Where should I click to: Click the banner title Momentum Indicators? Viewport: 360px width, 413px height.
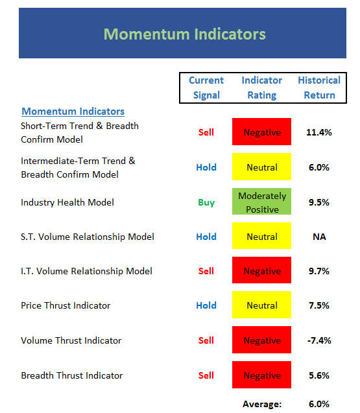click(x=184, y=34)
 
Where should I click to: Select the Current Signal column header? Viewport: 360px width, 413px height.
click(x=206, y=88)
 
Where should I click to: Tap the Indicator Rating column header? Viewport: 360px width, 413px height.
click(x=262, y=88)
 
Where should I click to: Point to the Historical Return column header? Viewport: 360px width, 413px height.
click(x=319, y=88)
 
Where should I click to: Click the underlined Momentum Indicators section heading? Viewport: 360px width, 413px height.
click(x=73, y=112)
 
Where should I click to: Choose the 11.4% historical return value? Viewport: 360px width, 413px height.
click(x=319, y=132)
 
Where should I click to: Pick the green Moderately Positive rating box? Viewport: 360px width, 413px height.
click(x=261, y=201)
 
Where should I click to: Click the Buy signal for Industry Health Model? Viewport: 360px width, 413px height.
click(x=206, y=202)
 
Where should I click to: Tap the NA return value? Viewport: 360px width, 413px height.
click(x=319, y=237)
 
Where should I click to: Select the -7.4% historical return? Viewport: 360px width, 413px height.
click(x=319, y=340)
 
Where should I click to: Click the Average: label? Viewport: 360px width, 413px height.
click(x=262, y=404)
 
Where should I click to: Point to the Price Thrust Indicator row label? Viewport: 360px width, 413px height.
click(x=66, y=305)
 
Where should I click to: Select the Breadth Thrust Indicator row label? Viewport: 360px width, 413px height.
click(x=72, y=375)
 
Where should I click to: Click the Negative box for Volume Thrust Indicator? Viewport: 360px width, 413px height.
click(x=261, y=340)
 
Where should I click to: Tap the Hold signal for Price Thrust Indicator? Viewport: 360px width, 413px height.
click(x=206, y=305)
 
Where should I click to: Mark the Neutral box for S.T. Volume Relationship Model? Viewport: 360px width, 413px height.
click(x=261, y=236)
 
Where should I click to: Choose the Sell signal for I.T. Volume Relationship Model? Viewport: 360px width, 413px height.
click(x=206, y=271)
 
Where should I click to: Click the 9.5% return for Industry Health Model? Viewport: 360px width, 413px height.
click(x=319, y=202)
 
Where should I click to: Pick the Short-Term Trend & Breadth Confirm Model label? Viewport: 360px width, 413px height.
click(x=80, y=133)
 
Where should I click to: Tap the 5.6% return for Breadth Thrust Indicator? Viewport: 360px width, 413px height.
click(x=319, y=375)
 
